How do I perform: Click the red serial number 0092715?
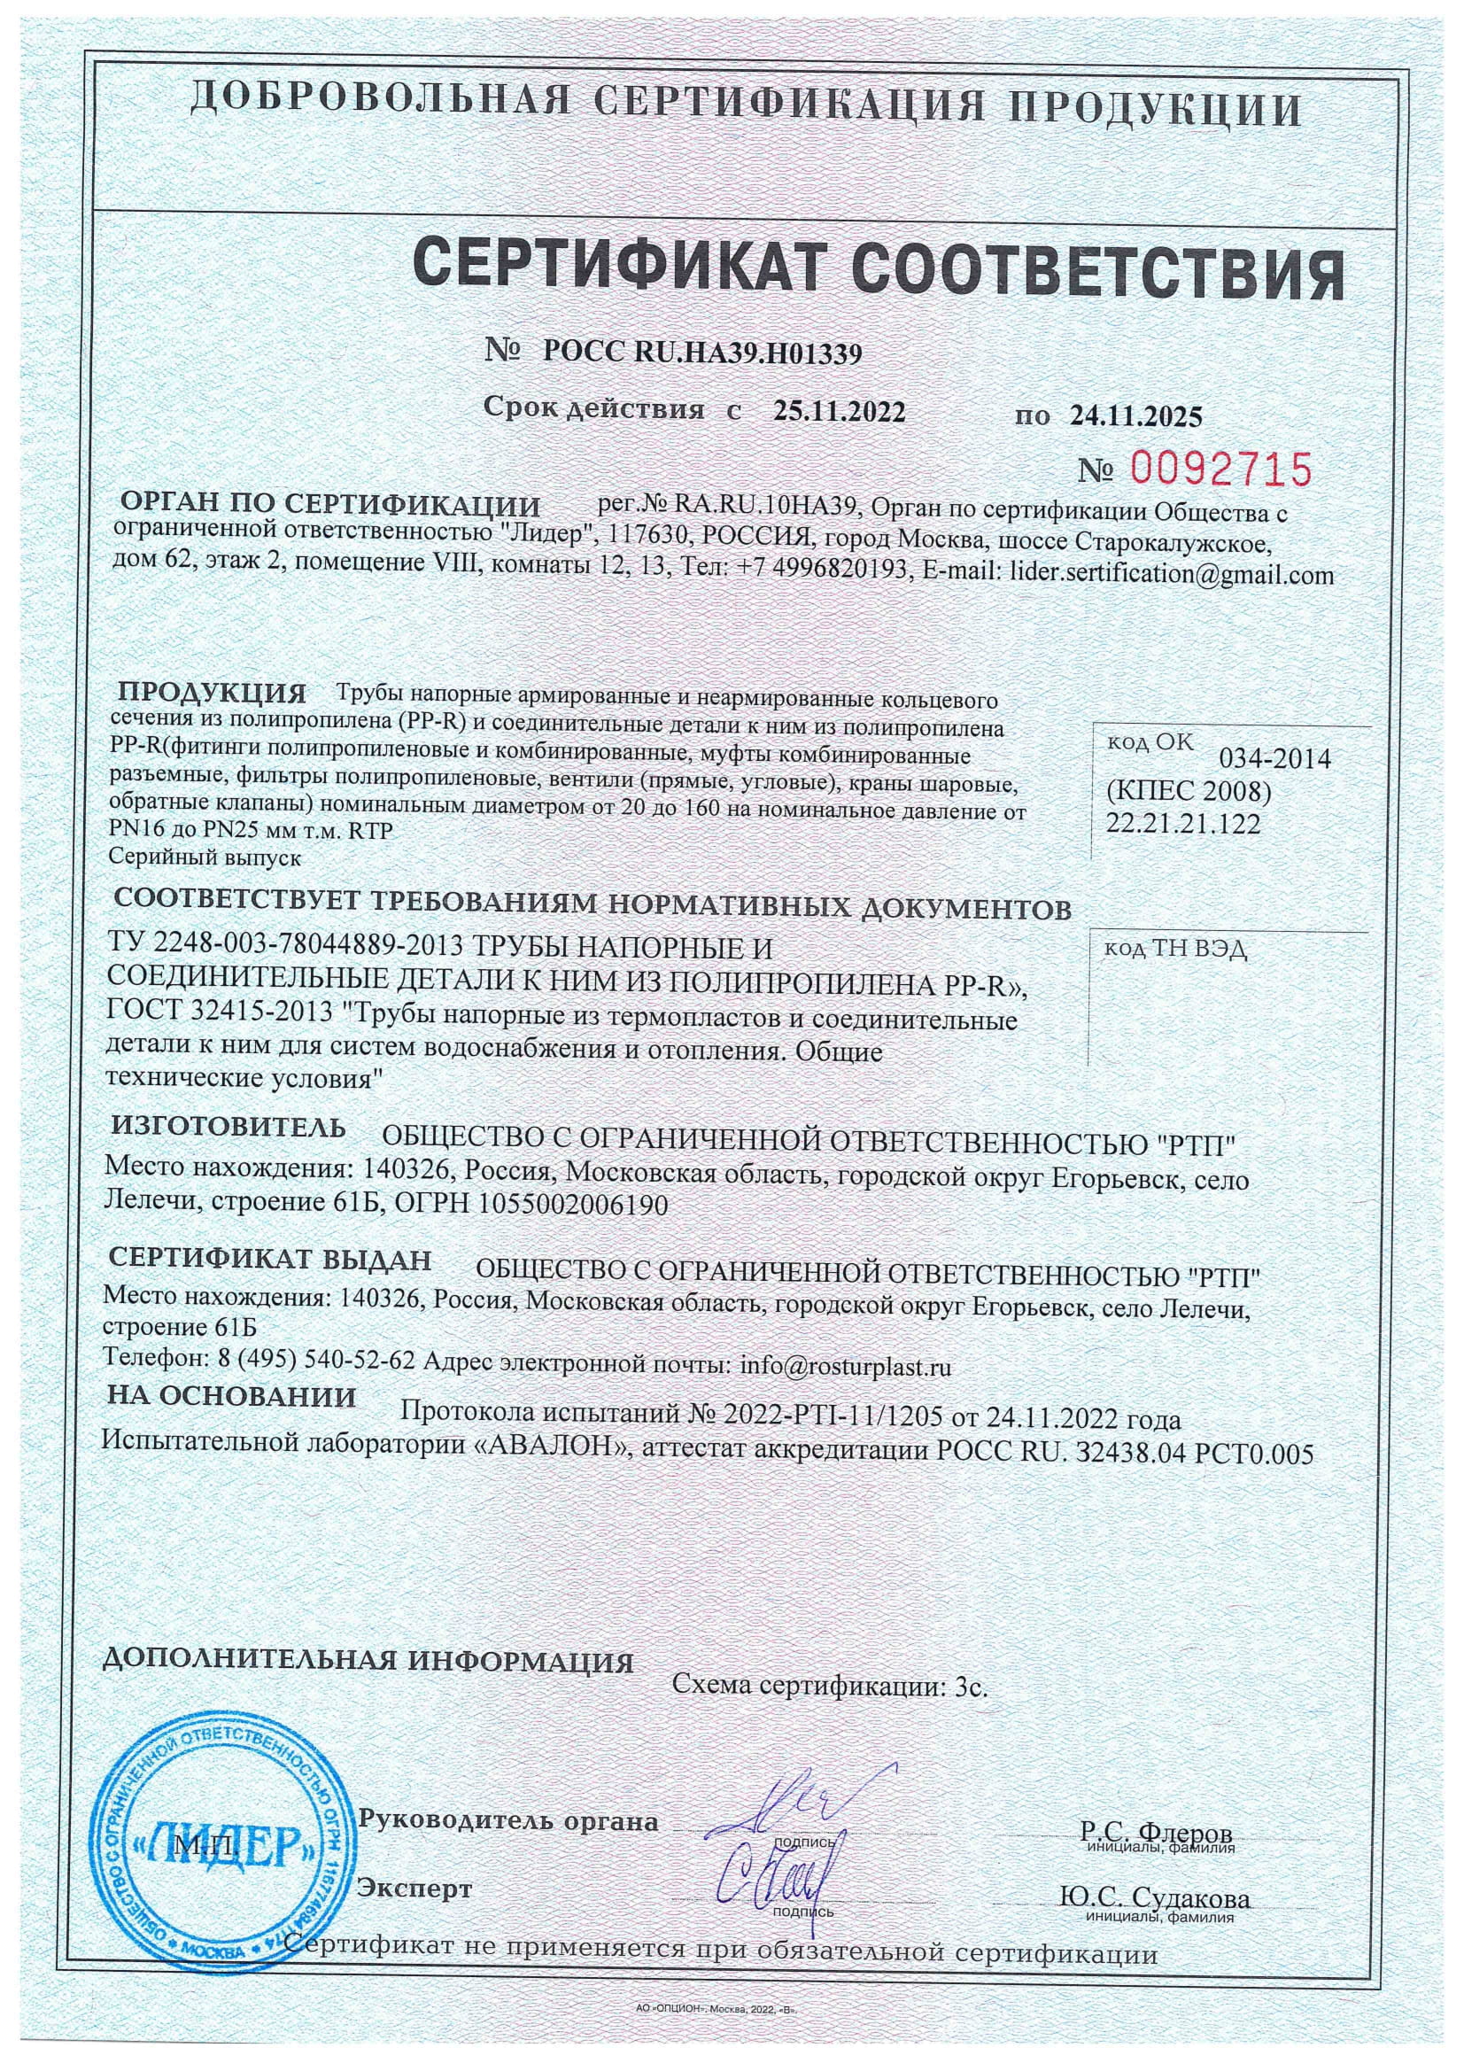(1220, 469)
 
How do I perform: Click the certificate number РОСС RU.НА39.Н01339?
(702, 353)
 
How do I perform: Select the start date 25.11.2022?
(839, 411)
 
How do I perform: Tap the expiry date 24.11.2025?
(1136, 415)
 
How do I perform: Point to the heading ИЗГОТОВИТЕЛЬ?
(229, 1128)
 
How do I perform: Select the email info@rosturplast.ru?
(845, 1368)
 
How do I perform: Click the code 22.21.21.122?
(1182, 824)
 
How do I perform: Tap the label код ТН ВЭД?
(1174, 950)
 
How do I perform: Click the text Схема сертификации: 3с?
(831, 1686)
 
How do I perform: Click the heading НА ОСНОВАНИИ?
(232, 1397)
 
